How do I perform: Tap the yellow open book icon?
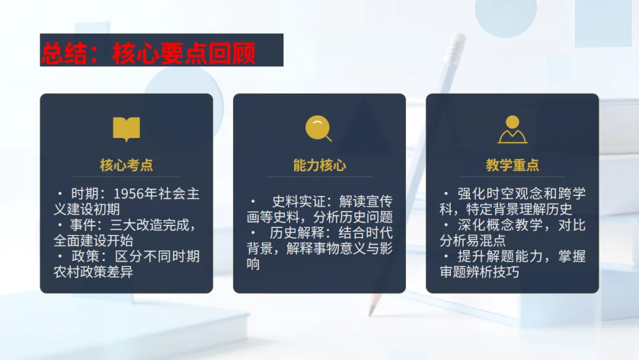point(127,128)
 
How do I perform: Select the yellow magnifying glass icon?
point(318,128)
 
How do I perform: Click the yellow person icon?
point(512,129)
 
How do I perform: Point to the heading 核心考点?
point(127,165)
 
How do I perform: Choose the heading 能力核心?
point(319,165)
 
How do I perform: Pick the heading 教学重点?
point(512,165)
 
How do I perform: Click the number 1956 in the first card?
point(128,194)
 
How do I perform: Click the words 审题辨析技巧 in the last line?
point(479,272)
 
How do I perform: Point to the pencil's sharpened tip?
point(372,312)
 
